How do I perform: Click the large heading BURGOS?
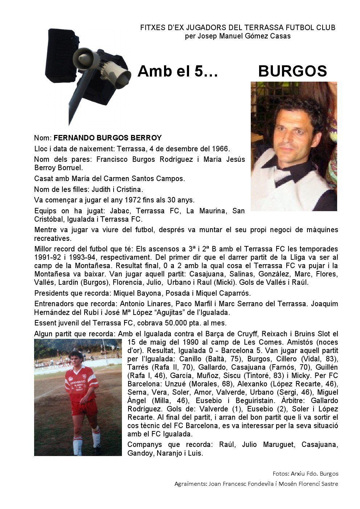tap(292, 71)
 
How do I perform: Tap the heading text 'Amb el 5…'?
tap(177, 71)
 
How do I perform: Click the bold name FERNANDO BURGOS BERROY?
tap(107, 138)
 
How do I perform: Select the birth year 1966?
tap(221, 149)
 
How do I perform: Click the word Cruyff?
tap(250, 334)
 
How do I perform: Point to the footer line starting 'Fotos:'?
tap(305, 473)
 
